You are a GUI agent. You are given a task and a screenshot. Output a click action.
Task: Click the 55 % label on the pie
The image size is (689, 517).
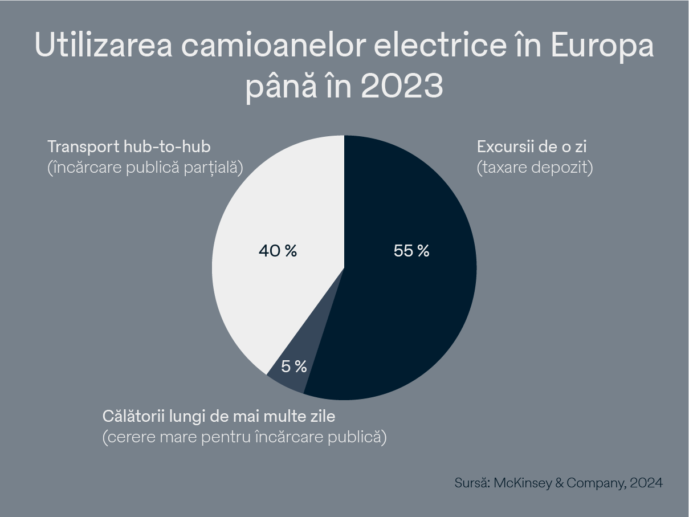411,251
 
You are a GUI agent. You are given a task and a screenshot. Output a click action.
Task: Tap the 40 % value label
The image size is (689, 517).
278,251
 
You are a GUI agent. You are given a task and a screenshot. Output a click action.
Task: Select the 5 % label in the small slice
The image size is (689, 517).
294,367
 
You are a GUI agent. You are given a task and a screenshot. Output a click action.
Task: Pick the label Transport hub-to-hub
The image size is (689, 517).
129,147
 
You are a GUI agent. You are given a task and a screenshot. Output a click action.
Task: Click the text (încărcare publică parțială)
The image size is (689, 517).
145,168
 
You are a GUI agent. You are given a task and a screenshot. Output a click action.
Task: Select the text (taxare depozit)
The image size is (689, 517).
535,168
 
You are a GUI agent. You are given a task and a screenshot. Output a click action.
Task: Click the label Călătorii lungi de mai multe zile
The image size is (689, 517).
219,416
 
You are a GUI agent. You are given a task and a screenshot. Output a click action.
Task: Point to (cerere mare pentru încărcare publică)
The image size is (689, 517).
244,437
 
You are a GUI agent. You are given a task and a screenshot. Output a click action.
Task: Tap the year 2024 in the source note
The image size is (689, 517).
647,483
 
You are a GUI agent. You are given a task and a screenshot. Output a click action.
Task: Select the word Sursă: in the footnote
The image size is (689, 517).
472,483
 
